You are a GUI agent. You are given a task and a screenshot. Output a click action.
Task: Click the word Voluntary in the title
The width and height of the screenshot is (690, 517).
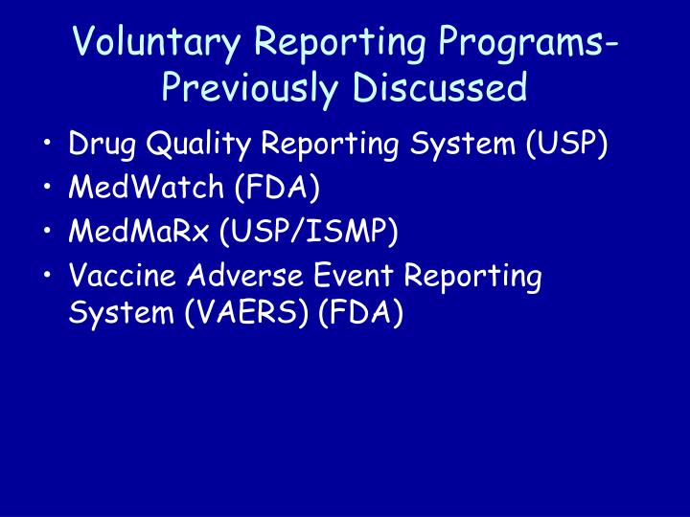[156, 43]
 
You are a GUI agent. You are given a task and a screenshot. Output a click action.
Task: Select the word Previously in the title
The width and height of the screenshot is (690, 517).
[250, 87]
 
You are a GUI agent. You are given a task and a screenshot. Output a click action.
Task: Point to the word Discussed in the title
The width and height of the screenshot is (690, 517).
[440, 86]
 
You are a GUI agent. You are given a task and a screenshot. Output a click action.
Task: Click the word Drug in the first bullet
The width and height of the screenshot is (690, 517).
[103, 145]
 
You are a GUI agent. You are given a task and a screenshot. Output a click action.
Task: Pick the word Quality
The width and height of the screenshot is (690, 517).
[198, 145]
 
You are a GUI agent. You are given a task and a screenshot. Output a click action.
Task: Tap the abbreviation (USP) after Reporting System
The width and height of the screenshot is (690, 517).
[566, 144]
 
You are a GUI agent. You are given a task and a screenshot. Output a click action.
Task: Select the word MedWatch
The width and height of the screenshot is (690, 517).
[146, 187]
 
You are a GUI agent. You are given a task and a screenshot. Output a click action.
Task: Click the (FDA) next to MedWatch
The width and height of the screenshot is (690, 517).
[277, 188]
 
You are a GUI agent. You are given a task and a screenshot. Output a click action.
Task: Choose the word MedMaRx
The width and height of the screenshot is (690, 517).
[138, 231]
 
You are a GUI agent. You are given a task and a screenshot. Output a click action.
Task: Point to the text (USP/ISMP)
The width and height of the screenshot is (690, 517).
[309, 232]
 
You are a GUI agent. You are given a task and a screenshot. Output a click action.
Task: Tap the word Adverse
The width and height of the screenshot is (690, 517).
[245, 275]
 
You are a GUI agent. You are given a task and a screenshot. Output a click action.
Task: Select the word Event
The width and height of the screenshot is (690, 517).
[354, 275]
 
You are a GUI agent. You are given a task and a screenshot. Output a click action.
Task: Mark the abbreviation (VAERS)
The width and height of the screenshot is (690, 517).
[246, 313]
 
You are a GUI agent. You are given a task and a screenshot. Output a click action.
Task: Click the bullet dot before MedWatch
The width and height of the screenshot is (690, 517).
[48, 186]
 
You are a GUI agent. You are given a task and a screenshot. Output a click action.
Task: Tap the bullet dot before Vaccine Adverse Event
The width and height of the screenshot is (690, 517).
[48, 274]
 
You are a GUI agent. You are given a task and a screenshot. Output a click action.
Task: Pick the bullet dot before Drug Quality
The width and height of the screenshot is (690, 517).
[48, 143]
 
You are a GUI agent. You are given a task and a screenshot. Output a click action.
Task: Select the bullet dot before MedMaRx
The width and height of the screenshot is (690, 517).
[48, 230]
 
